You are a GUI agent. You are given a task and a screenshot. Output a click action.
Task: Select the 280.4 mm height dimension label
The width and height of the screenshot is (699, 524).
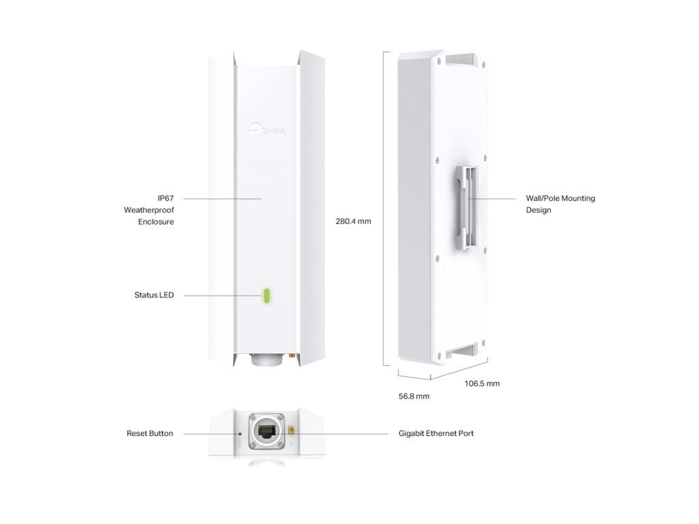353,221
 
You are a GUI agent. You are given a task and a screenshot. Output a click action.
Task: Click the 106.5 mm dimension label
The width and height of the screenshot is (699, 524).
482,383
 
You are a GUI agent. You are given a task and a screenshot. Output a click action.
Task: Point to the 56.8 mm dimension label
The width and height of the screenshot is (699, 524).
414,396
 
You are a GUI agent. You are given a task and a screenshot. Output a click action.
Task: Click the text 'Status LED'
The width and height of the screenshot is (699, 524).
154,295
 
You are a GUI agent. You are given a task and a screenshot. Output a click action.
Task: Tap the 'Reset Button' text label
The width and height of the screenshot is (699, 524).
149,433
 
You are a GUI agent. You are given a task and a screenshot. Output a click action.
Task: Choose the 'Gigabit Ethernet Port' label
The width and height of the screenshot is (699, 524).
436,433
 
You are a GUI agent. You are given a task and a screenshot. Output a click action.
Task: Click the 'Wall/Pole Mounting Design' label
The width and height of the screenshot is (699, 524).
560,204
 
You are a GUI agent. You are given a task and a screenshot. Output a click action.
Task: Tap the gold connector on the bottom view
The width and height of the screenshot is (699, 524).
291,431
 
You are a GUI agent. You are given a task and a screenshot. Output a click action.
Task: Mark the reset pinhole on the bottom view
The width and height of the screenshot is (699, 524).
240,433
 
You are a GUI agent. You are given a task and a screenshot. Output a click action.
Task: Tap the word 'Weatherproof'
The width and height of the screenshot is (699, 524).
144,210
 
